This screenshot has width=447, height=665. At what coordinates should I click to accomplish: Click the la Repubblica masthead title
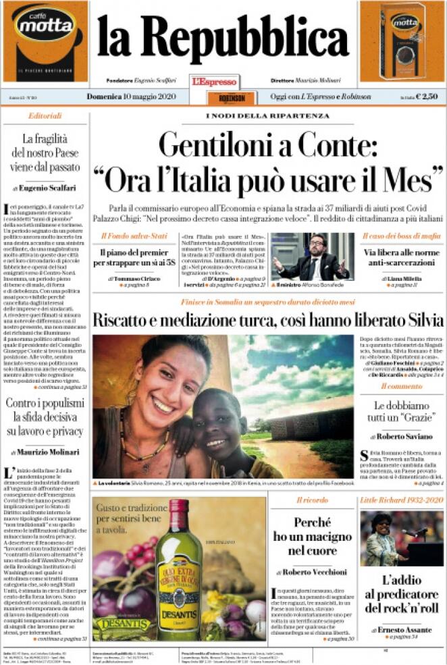click(x=223, y=36)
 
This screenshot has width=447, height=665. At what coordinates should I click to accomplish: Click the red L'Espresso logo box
click(x=215, y=82)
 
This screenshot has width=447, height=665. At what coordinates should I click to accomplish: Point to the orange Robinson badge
click(x=223, y=98)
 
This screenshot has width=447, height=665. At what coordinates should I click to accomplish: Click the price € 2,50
click(x=427, y=97)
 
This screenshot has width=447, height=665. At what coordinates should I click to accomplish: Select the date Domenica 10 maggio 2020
click(x=130, y=97)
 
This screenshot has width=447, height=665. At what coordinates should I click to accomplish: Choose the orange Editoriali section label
click(x=45, y=116)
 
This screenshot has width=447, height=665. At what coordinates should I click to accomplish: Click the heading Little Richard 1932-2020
click(x=401, y=500)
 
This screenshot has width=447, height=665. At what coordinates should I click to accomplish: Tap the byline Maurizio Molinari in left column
click(x=47, y=452)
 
